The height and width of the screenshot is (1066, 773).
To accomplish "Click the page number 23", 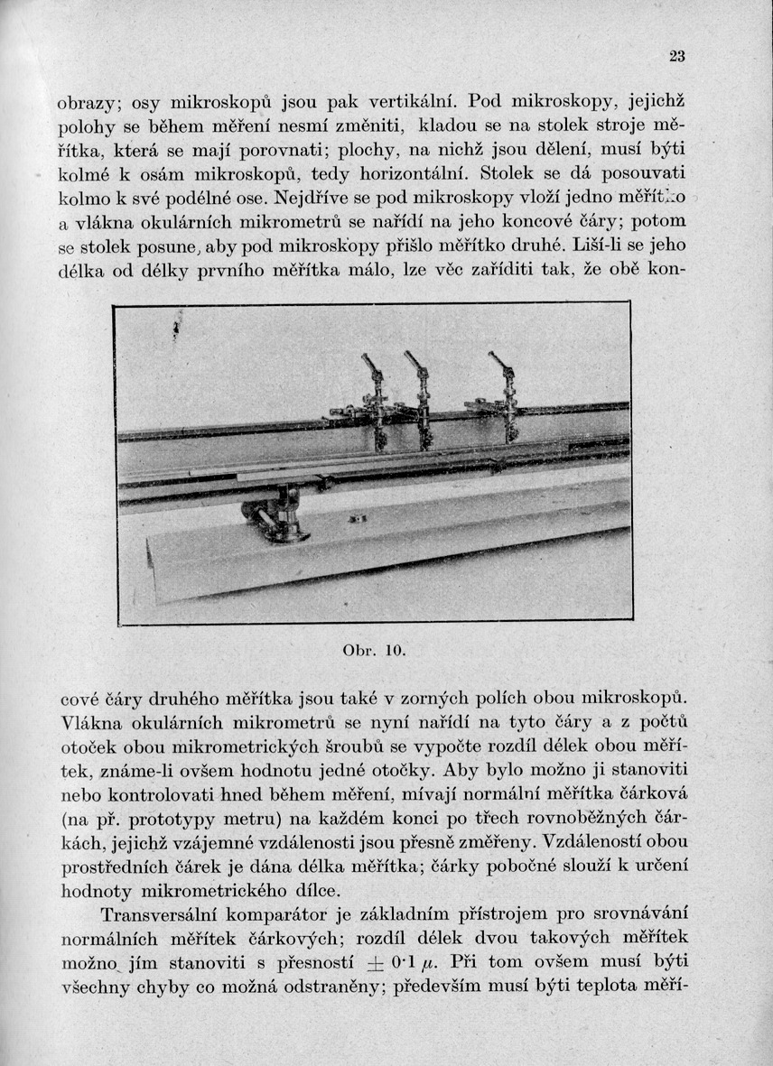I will point(677,56).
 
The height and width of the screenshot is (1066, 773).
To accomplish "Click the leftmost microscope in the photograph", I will point(375,397).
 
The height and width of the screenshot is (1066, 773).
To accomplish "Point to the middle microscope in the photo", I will point(421,397).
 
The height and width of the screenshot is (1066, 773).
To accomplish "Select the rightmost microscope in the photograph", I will point(508,393).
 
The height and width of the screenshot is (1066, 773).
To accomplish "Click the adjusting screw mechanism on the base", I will point(275,517).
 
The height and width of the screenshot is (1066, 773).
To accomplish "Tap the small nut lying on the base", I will point(355,517).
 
